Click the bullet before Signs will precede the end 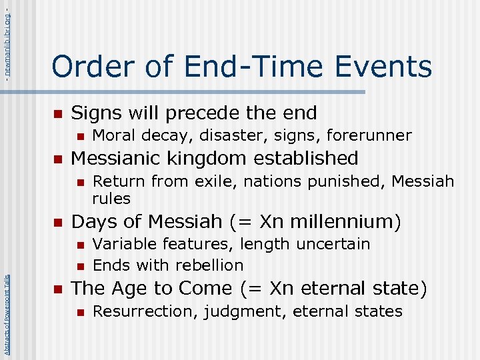coord(58,114)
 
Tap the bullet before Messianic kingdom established coord(58,159)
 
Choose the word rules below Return coord(111,198)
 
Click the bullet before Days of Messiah coord(58,222)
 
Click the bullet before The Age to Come coord(58,289)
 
